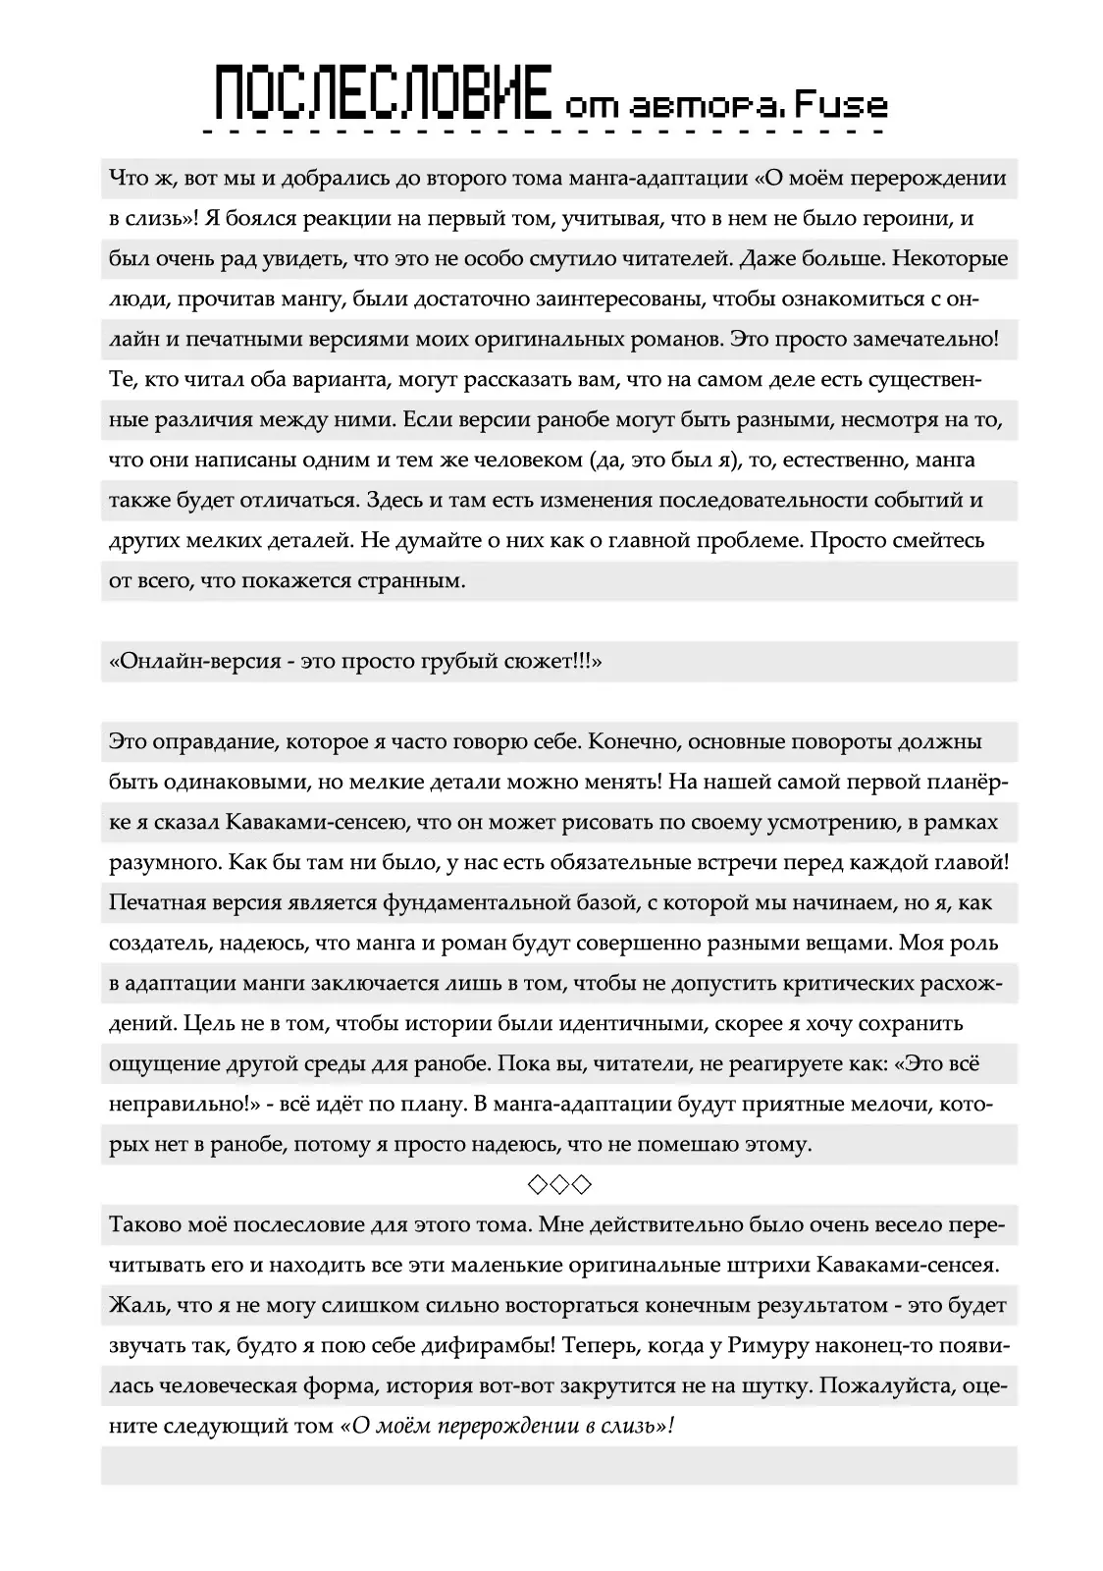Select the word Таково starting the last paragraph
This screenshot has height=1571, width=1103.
pyautogui.click(x=144, y=1225)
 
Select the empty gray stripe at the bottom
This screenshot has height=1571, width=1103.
pyautogui.click(x=559, y=1467)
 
